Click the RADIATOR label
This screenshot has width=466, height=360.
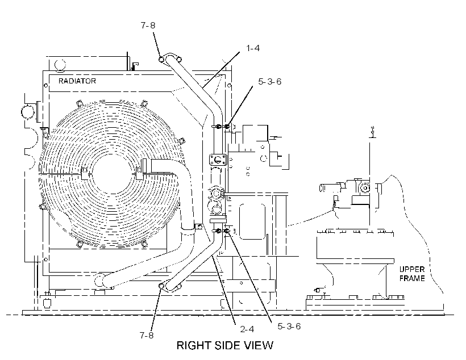(x=77, y=81)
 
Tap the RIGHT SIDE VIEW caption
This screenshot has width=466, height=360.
(x=224, y=345)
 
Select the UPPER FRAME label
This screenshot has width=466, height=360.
(x=411, y=274)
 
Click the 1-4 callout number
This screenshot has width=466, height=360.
(x=253, y=48)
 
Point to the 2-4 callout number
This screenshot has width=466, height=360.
(x=247, y=329)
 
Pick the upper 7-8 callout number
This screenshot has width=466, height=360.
(x=148, y=26)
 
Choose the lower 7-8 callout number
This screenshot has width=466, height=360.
(x=147, y=336)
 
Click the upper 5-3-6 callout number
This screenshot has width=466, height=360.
(x=269, y=82)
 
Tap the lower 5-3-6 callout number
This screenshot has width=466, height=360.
(x=289, y=326)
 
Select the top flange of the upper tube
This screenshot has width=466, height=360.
(x=170, y=58)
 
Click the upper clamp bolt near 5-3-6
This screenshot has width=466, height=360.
(x=227, y=127)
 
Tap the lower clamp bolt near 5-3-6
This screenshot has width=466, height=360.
(x=227, y=231)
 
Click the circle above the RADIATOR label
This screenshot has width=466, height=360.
(x=60, y=65)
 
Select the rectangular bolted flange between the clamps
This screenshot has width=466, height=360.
(x=218, y=160)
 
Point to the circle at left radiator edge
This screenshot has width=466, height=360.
(x=28, y=112)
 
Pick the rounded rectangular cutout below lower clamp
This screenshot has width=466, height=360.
(x=252, y=221)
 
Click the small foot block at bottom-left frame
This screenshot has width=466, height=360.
(x=48, y=304)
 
